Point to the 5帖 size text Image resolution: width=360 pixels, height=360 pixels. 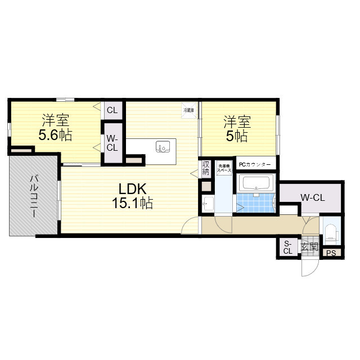point(237,136)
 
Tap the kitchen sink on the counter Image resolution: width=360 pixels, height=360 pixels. point(163,147)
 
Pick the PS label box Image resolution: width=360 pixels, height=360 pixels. point(331,253)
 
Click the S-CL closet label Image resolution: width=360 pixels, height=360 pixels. point(287,247)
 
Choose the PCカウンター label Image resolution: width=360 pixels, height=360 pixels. point(255,165)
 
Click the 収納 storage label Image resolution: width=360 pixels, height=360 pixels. point(206,168)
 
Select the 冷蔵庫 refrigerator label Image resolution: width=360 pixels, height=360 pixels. point(188,110)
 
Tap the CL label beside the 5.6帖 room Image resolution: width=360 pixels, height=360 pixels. point(112,110)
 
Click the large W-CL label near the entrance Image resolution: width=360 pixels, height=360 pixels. point(312,197)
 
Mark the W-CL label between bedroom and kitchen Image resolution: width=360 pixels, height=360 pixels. point(112,143)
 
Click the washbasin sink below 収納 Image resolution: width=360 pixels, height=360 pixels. point(208,204)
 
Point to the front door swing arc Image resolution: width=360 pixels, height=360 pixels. point(308,268)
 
